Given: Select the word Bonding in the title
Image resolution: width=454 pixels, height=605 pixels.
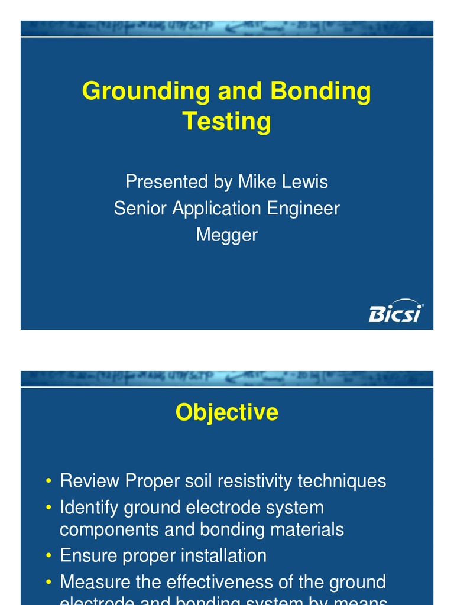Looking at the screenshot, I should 320,92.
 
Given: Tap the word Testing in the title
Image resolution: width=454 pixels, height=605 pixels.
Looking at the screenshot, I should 226,121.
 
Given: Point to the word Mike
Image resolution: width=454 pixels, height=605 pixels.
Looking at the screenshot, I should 258,181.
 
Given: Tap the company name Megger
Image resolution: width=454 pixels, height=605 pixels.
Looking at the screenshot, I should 226,235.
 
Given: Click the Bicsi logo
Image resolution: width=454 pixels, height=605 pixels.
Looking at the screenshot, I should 395,311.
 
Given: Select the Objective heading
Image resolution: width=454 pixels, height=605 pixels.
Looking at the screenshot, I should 226,412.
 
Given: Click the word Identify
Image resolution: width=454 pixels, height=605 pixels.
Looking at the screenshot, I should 89,508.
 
